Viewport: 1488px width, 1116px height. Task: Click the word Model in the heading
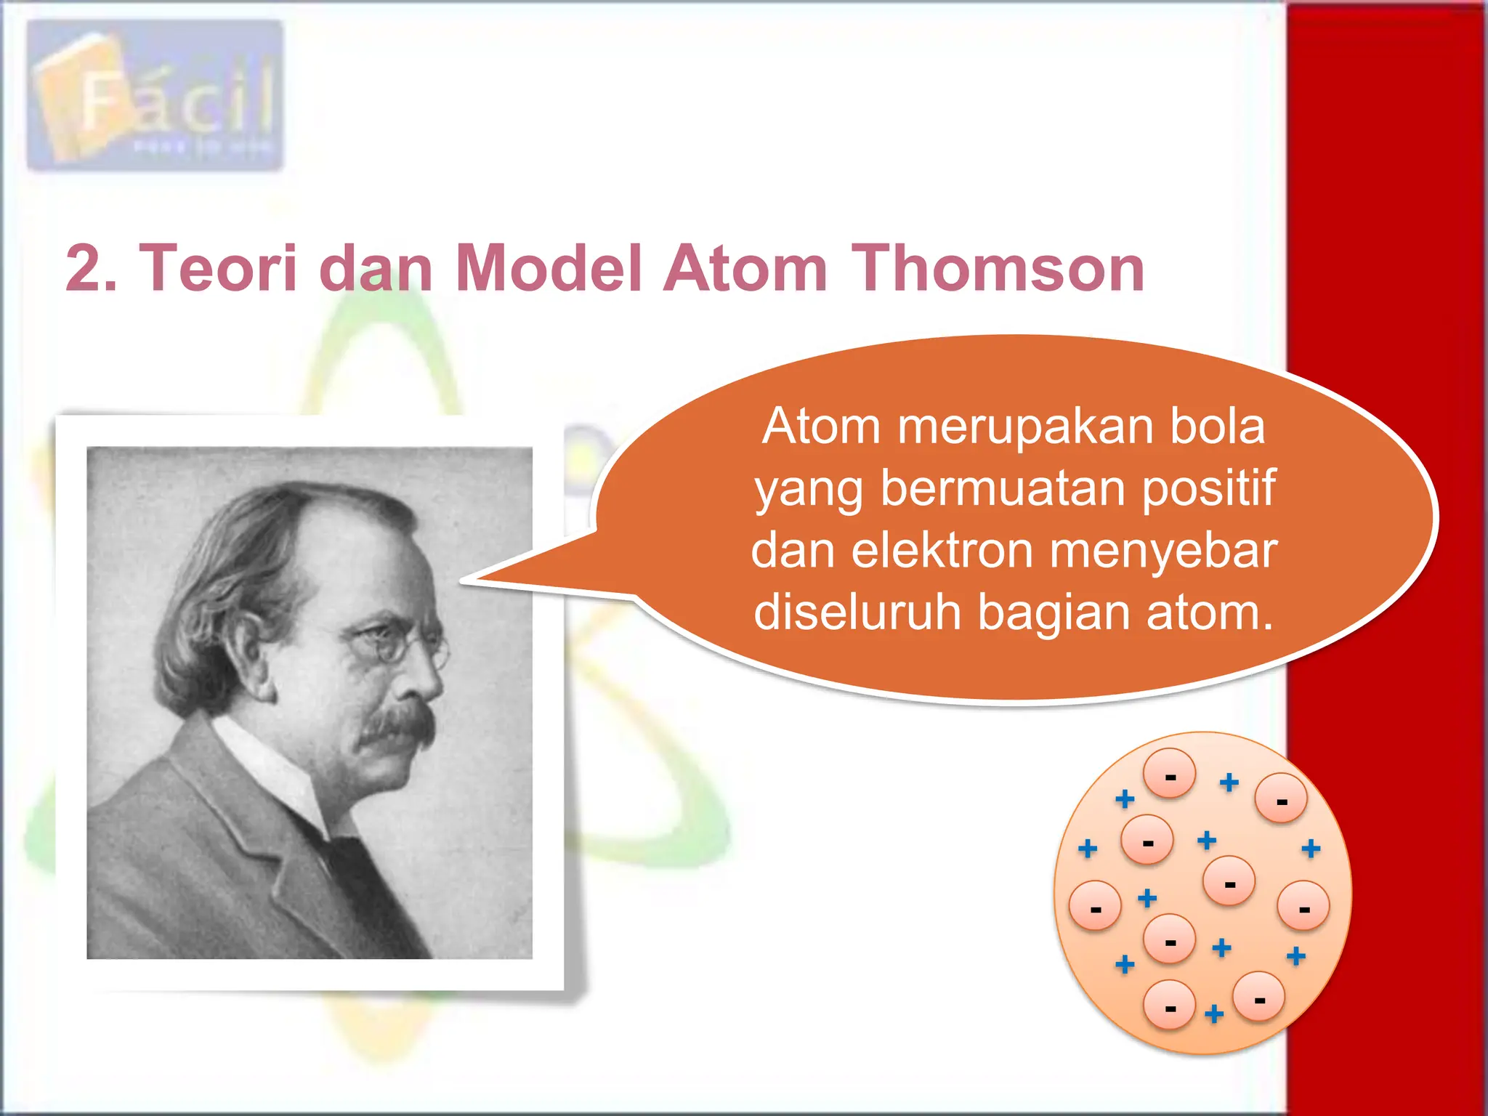pos(549,268)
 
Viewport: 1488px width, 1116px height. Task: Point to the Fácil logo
pos(155,96)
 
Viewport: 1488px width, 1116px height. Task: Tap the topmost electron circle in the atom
pos(1169,773)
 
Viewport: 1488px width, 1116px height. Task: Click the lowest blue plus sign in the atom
pos(1214,1014)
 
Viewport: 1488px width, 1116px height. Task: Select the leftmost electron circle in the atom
pos(1095,905)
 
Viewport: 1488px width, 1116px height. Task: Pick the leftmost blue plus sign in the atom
pos(1088,848)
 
